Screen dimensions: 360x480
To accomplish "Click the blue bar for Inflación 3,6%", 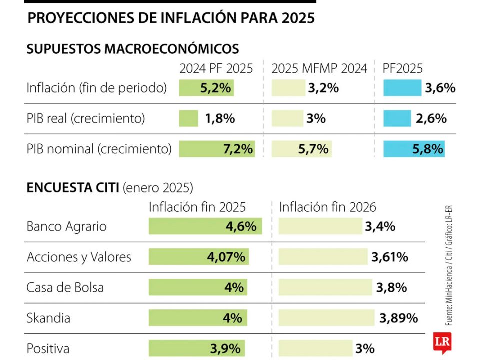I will (402, 88).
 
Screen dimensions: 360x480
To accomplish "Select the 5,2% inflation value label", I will (216, 88).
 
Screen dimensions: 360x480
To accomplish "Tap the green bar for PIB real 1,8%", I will (189, 118).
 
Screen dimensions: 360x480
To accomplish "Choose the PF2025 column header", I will (402, 68).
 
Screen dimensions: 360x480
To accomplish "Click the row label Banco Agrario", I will (66, 226).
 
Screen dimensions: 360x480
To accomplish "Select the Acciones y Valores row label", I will (79, 257).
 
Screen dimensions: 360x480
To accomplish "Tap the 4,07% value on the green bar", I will (226, 257).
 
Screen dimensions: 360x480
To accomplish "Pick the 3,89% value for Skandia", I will (398, 318).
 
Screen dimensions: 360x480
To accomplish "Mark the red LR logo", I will (441, 342).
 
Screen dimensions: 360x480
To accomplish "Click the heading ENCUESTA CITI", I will (73, 188).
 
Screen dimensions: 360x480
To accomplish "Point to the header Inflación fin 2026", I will (327, 207).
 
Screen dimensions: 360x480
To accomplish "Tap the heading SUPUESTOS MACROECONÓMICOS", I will (132, 49).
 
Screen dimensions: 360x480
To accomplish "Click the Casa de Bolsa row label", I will (65, 287).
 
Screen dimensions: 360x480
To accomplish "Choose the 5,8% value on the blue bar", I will (428, 149).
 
